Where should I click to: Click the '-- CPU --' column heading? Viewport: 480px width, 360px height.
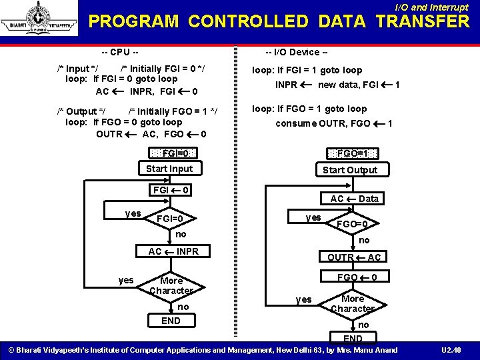pos(120,52)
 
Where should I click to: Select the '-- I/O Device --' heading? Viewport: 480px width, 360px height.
pos(296,52)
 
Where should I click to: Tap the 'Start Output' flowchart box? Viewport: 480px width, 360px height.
pos(350,169)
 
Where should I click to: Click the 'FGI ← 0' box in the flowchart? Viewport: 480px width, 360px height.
pos(172,191)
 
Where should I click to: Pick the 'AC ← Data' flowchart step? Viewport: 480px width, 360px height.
pos(354,199)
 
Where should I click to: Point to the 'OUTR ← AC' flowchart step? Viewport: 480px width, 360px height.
pos(354,257)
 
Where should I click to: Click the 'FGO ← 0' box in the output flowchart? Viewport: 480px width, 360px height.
pos(358,277)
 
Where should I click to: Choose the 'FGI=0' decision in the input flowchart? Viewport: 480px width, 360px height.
pos(170,219)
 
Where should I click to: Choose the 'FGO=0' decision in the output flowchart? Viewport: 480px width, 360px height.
pos(351,224)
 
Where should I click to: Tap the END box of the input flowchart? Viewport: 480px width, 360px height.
pos(171,321)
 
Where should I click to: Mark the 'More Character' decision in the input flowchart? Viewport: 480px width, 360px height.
pos(171,285)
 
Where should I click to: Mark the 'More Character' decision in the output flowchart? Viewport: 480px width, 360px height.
pos(353,303)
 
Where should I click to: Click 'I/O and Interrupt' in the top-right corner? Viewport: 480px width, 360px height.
pos(431,7)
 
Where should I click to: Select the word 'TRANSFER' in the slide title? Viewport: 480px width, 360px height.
pos(423,21)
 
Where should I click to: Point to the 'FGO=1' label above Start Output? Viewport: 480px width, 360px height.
pos(353,153)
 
